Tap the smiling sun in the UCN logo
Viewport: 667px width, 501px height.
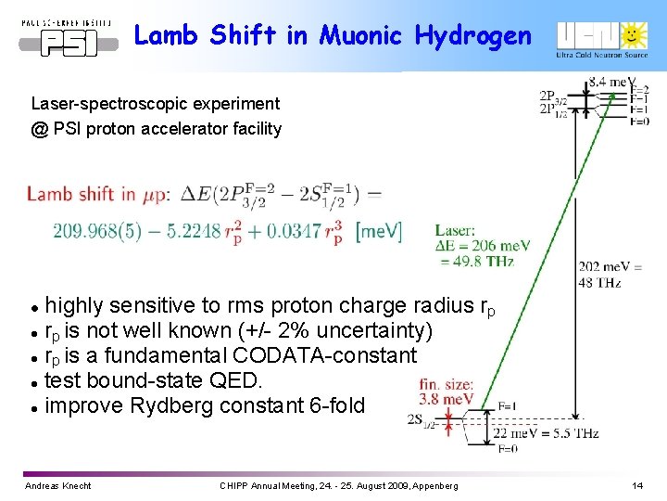633,34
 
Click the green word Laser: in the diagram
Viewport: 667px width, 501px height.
455,230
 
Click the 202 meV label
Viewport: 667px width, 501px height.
600,267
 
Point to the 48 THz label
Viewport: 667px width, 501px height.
599,282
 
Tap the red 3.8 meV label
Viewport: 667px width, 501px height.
447,399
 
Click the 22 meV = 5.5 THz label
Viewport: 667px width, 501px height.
547,433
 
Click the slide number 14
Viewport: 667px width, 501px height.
636,485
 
